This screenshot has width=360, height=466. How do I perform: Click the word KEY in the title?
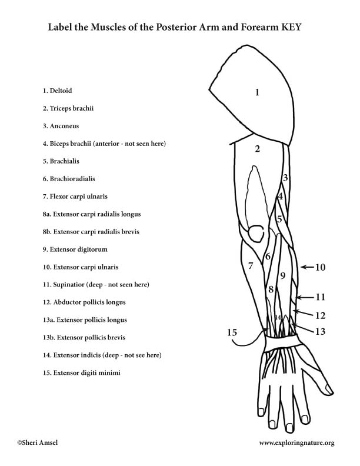click(290, 27)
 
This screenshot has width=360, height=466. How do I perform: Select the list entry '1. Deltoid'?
click(57, 91)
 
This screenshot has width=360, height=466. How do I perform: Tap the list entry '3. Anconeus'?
click(61, 126)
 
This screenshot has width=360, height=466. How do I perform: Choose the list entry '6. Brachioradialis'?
click(69, 179)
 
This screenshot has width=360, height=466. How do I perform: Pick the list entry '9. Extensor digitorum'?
click(75, 249)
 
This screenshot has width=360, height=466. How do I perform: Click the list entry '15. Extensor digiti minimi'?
click(81, 372)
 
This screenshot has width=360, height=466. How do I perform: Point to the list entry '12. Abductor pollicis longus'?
click(84, 302)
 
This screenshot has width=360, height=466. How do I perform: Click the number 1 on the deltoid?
click(257, 92)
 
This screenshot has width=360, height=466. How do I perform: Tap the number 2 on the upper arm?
click(257, 148)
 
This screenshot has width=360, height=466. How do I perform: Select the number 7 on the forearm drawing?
click(251, 265)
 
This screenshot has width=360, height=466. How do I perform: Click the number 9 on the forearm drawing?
click(282, 276)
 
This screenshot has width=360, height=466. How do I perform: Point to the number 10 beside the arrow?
click(320, 267)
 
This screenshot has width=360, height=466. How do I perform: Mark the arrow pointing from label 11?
click(305, 297)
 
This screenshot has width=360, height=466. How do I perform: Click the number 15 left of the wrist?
click(232, 332)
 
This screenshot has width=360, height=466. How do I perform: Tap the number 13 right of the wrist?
click(320, 331)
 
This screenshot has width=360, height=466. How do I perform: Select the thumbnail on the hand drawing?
click(329, 389)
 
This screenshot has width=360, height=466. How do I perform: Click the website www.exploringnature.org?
click(296, 443)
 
